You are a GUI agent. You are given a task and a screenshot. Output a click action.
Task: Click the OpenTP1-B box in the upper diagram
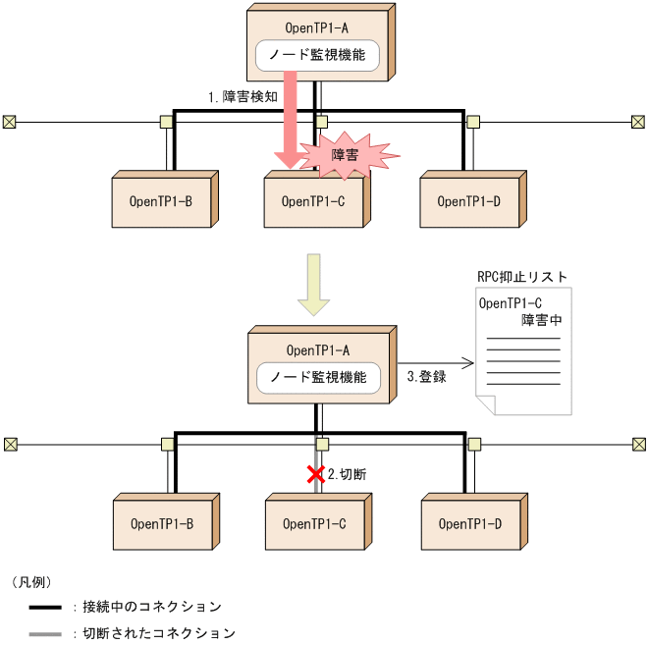(161, 202)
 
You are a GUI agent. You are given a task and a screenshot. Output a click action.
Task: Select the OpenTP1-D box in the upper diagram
(468, 202)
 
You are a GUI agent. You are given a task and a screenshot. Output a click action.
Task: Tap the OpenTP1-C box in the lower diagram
(314, 524)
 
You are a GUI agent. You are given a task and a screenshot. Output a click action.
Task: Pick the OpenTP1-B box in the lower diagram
(161, 524)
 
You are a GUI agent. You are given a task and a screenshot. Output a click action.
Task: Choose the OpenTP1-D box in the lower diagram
(468, 524)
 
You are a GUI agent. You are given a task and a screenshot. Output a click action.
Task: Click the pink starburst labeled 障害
(349, 154)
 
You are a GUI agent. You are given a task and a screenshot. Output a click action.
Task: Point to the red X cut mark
(315, 475)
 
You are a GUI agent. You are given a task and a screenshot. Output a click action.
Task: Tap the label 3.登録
(426, 376)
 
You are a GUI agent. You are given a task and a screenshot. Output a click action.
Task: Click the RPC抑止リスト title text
(520, 278)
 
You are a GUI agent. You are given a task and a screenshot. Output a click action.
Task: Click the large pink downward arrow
(291, 128)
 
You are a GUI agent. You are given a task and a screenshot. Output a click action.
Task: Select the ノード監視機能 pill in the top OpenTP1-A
(316, 56)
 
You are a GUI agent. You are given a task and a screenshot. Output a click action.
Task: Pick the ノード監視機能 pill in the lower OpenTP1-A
(318, 377)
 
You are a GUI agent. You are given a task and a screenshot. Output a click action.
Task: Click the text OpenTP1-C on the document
(511, 303)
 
